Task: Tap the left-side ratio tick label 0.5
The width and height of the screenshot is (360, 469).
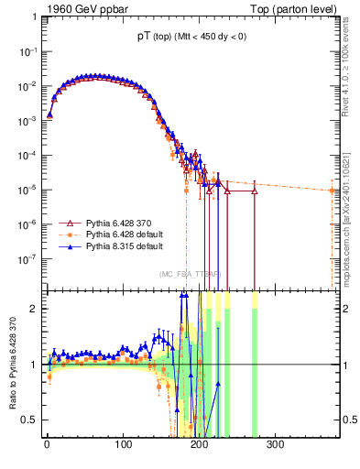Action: coord(29,420)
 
